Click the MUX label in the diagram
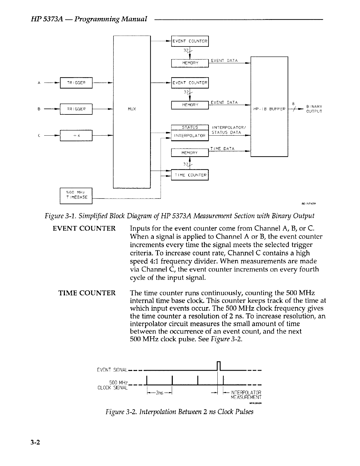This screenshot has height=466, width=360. pos(132,109)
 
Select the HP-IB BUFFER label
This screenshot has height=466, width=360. pos(269,109)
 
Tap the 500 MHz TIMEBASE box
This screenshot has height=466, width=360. pos(76,195)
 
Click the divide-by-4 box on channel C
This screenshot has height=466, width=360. pos(76,135)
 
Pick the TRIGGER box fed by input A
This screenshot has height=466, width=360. pos(76,83)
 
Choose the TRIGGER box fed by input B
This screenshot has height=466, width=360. pos(76,109)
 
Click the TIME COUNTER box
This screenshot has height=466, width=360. pos(190,175)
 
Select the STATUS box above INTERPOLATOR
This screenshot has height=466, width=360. pos(190,127)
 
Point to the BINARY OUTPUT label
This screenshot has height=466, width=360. pos(314,109)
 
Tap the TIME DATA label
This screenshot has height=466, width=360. pos(222,149)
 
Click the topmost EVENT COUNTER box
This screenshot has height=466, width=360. pos(190,41)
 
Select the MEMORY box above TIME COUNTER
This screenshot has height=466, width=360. pos(190,153)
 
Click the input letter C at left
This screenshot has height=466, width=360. pos(39,136)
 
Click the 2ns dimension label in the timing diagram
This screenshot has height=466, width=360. pos(159,393)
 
